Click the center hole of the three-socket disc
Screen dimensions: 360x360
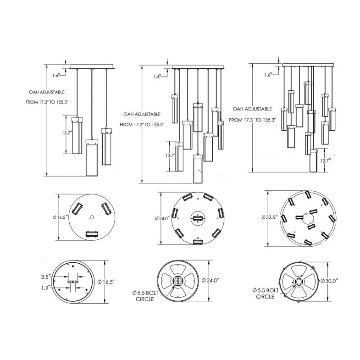92,216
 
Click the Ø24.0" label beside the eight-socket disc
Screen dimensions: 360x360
166,219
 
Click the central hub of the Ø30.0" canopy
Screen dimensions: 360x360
298,281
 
